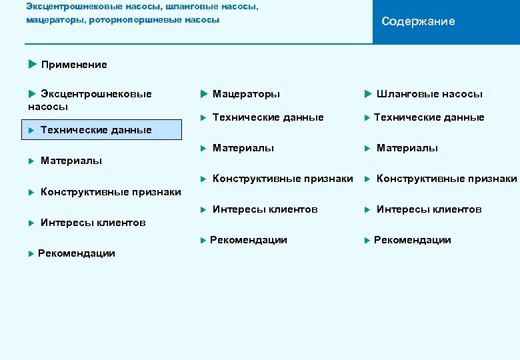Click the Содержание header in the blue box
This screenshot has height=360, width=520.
(x=418, y=21)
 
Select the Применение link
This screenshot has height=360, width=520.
(x=73, y=65)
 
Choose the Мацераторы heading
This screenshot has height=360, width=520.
(x=246, y=94)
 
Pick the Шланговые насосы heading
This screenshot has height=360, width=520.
(x=429, y=94)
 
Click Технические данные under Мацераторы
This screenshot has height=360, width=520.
(x=267, y=117)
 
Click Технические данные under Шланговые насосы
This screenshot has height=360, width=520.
(x=429, y=117)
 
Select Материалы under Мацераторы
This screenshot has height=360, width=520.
(x=243, y=148)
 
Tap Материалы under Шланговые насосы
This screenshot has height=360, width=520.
(x=407, y=148)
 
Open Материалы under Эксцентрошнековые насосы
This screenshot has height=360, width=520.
(x=71, y=160)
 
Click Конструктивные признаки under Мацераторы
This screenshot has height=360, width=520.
(x=282, y=179)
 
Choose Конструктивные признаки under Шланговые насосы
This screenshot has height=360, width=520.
(x=446, y=179)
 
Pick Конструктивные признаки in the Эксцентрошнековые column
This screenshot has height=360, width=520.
(x=111, y=192)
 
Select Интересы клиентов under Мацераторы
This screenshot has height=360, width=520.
(x=265, y=209)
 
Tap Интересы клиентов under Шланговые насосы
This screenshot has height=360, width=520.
(x=429, y=209)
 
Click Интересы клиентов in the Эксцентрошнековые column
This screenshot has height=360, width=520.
(x=93, y=223)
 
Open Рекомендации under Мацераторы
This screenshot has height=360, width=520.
(x=248, y=240)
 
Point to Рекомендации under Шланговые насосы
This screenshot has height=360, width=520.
(x=412, y=240)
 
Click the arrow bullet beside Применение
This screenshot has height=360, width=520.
(x=33, y=64)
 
